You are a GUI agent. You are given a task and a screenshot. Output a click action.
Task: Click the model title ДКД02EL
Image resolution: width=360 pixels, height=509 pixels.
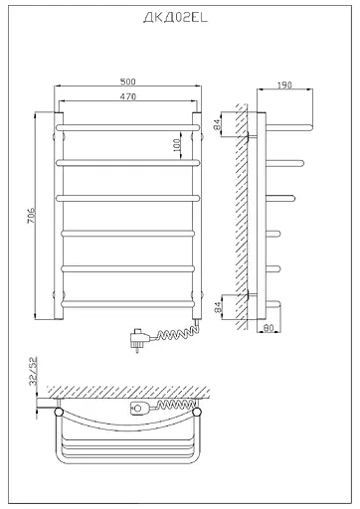click(175, 17)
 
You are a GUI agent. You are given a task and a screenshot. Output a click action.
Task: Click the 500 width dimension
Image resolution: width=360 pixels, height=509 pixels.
click(128, 82)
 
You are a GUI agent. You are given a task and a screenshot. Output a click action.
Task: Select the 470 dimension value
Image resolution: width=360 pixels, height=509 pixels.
click(128, 96)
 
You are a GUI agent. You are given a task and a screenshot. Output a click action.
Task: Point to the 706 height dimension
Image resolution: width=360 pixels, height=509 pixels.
click(31, 216)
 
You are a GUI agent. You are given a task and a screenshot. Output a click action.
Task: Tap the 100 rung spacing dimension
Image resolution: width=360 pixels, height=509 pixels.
click(177, 145)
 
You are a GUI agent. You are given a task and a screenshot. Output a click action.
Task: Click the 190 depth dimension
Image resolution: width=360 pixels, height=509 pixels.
click(284, 85)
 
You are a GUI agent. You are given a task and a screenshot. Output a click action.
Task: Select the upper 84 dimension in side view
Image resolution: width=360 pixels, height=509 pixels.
click(217, 124)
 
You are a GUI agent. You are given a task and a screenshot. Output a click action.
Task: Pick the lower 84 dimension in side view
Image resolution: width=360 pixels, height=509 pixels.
click(217, 307)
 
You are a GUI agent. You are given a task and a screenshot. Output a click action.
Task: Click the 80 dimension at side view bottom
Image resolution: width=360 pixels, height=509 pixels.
click(269, 328)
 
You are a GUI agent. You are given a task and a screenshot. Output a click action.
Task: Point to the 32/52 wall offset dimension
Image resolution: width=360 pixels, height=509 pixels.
click(33, 372)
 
